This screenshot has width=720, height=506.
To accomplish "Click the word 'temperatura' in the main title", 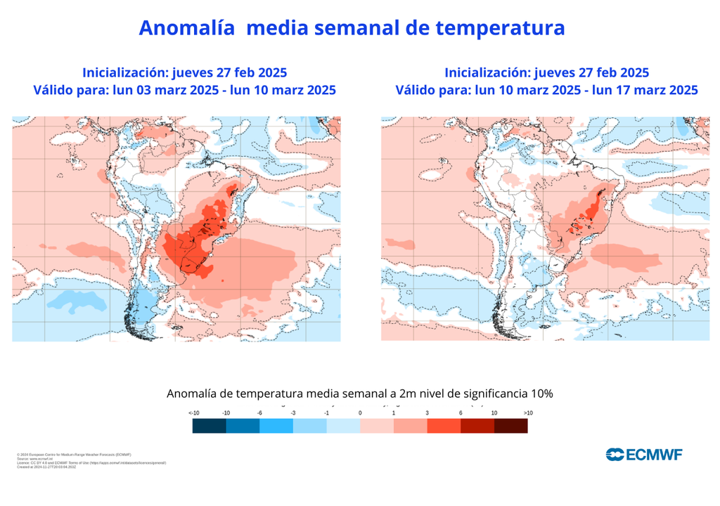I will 500,27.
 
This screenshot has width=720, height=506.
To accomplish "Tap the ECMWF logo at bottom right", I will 644,455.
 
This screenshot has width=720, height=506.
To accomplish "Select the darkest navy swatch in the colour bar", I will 209,426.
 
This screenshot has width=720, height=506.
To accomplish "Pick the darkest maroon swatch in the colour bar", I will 510,426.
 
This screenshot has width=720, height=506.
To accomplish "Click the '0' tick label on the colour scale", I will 360,413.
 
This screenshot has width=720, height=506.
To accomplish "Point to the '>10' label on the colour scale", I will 528,413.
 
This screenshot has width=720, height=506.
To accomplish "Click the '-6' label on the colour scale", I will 259,413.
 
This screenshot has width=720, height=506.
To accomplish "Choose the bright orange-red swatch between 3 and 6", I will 444,426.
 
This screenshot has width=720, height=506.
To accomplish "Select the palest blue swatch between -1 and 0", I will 343,426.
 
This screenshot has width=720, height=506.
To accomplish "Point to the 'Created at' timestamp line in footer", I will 50,467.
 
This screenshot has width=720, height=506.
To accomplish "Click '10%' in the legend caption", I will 541,394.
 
